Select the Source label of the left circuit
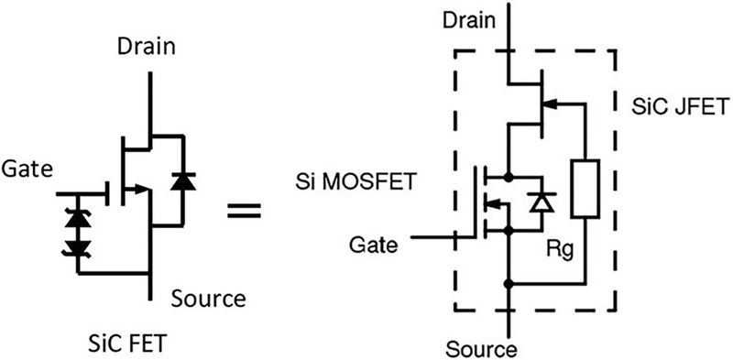point(207,298)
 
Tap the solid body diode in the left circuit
point(186,180)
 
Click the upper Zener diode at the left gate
point(78,216)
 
